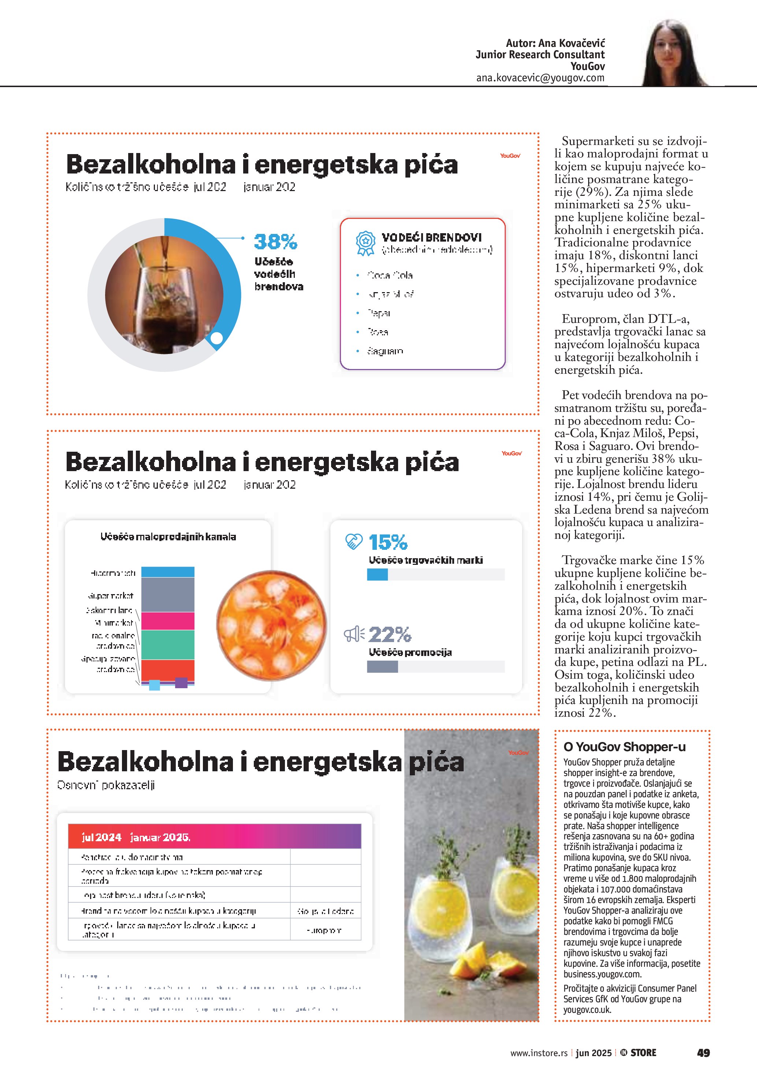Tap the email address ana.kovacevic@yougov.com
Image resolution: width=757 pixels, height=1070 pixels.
tap(540, 78)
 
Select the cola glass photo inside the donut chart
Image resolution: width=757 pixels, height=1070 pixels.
tap(164, 295)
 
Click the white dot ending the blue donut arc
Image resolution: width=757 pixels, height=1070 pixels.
tap(217, 338)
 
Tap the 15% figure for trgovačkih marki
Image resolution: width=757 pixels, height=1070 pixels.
tap(388, 543)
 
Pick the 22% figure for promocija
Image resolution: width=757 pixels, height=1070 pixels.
tap(390, 634)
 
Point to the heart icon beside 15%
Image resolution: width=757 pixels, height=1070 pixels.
tap(354, 541)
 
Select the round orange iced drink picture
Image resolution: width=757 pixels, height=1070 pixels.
tap(271, 625)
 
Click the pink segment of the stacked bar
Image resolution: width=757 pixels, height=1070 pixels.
tap(168, 621)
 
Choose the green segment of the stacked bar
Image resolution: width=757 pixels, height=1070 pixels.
tap(168, 645)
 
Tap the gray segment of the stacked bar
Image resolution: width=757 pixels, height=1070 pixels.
tap(168, 594)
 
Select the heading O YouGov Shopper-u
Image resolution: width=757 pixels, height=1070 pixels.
tap(625, 746)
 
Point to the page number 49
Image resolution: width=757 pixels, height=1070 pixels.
tap(703, 1053)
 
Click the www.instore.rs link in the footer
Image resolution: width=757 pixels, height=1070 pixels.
tap(539, 1053)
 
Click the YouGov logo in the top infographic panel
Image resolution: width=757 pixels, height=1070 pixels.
tap(510, 156)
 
